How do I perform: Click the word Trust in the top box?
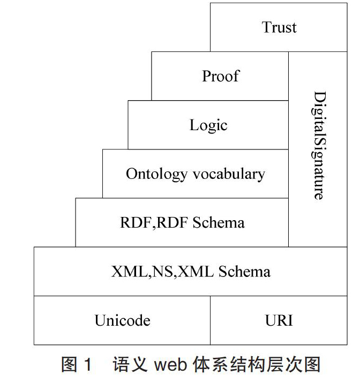coord(279,27)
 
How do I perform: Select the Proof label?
coord(221,76)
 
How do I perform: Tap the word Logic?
coord(208,125)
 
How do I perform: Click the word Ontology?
coord(156,175)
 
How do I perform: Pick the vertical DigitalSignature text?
coord(319,146)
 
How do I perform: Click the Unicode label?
coord(122,320)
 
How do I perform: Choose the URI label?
coord(279,320)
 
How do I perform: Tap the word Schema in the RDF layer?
coord(219,222)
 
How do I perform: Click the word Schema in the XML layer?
coord(244,272)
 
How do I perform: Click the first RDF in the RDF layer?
coord(137,222)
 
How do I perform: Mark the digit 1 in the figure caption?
coord(88,365)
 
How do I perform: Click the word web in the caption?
coord(170,365)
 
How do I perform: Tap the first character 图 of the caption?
coord(69,365)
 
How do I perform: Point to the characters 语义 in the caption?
coord(130,365)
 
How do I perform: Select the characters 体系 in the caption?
coord(211,365)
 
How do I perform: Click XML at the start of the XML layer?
coord(130,272)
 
